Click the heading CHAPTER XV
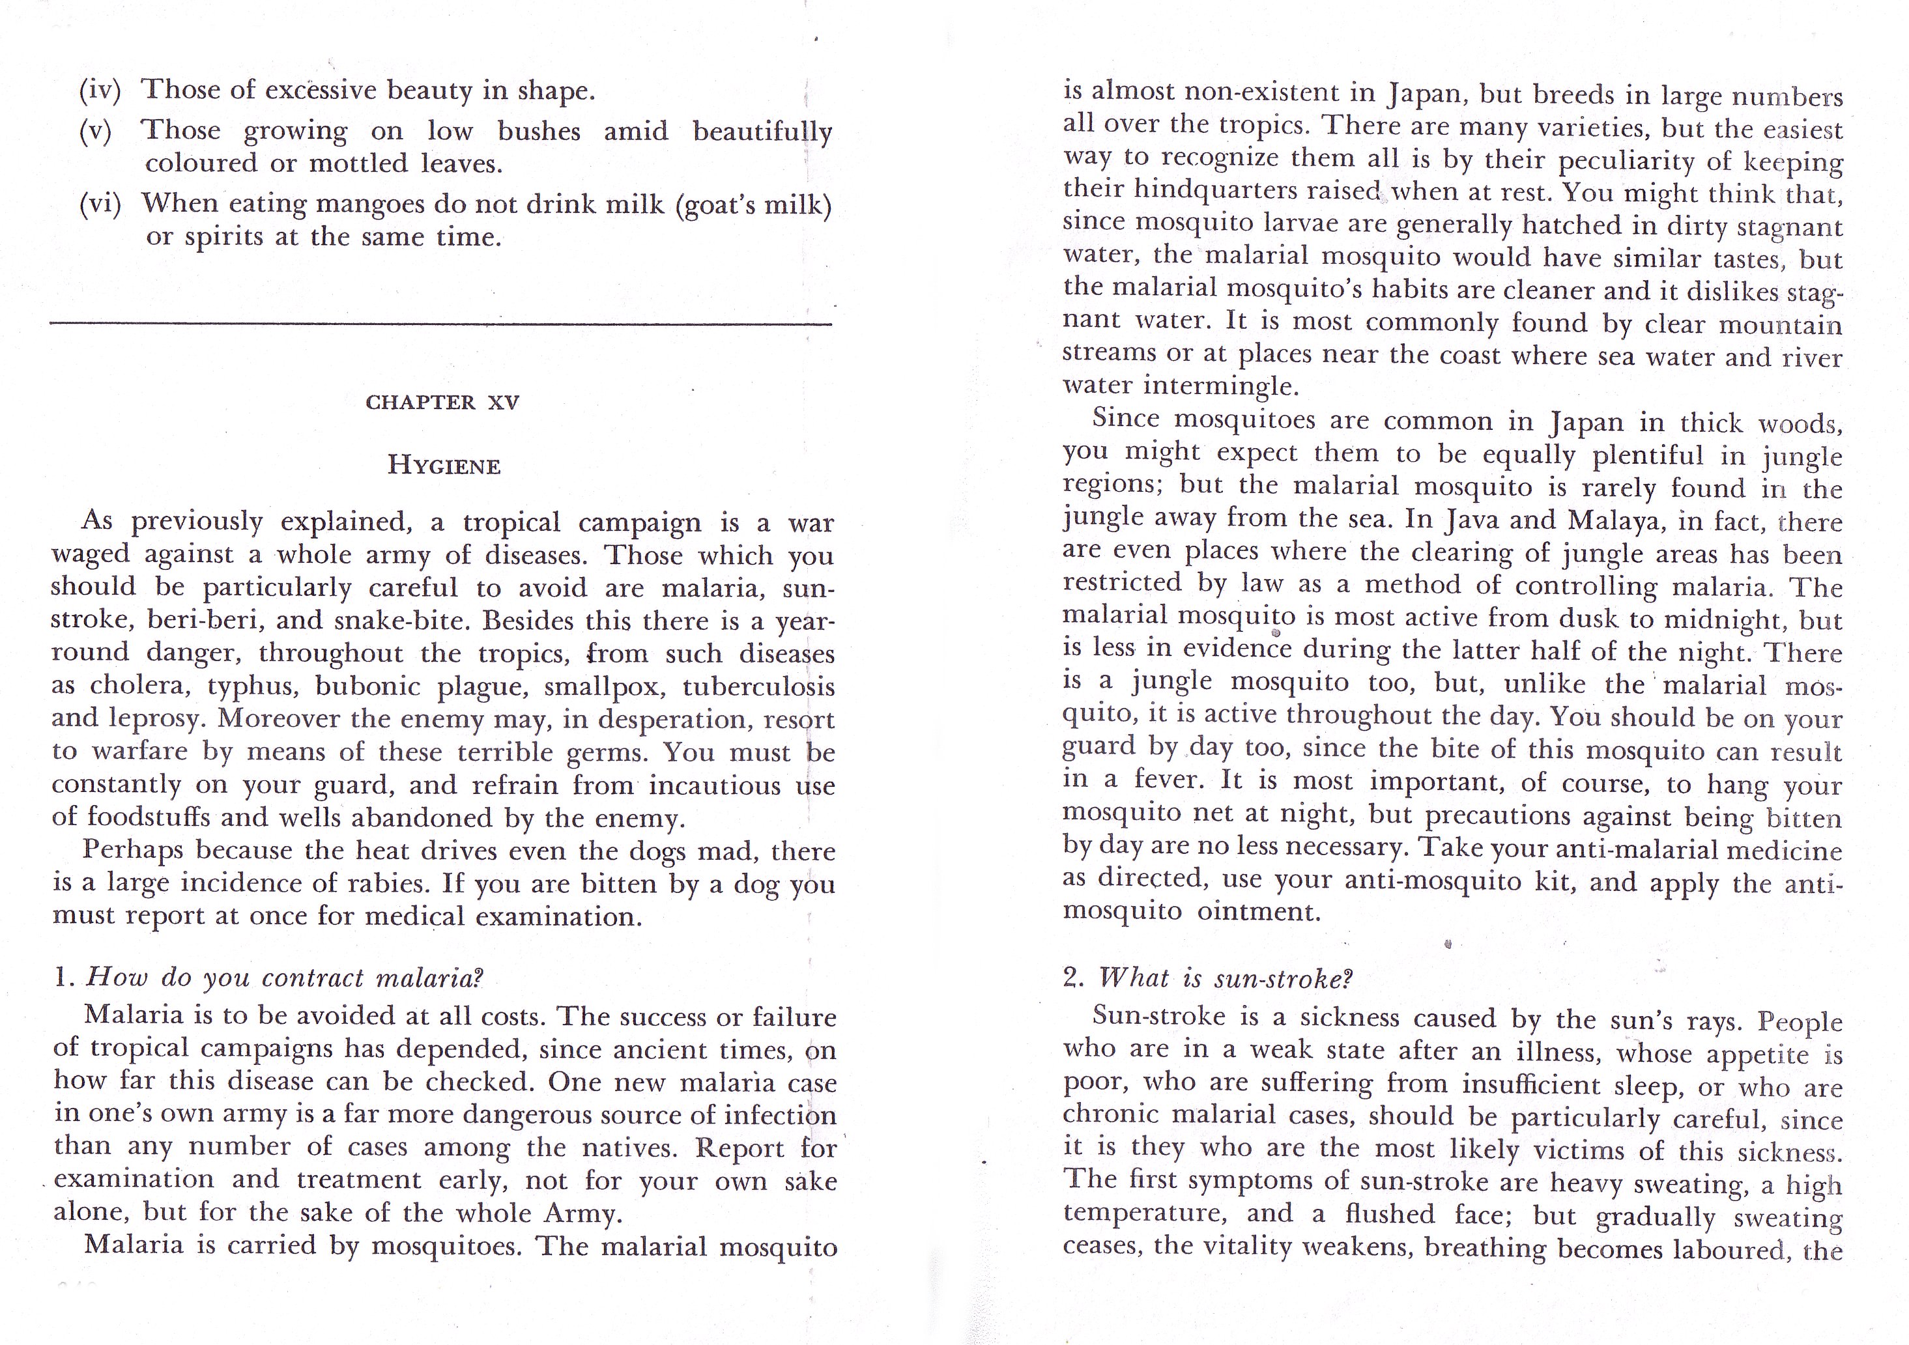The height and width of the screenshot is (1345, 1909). [x=442, y=403]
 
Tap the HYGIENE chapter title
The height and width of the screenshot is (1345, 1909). [x=444, y=466]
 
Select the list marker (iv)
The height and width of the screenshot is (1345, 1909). [x=100, y=90]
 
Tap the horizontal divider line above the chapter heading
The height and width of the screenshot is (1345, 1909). [x=440, y=322]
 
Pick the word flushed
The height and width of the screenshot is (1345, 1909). [x=1389, y=1215]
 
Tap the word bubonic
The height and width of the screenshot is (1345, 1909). [x=369, y=687]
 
